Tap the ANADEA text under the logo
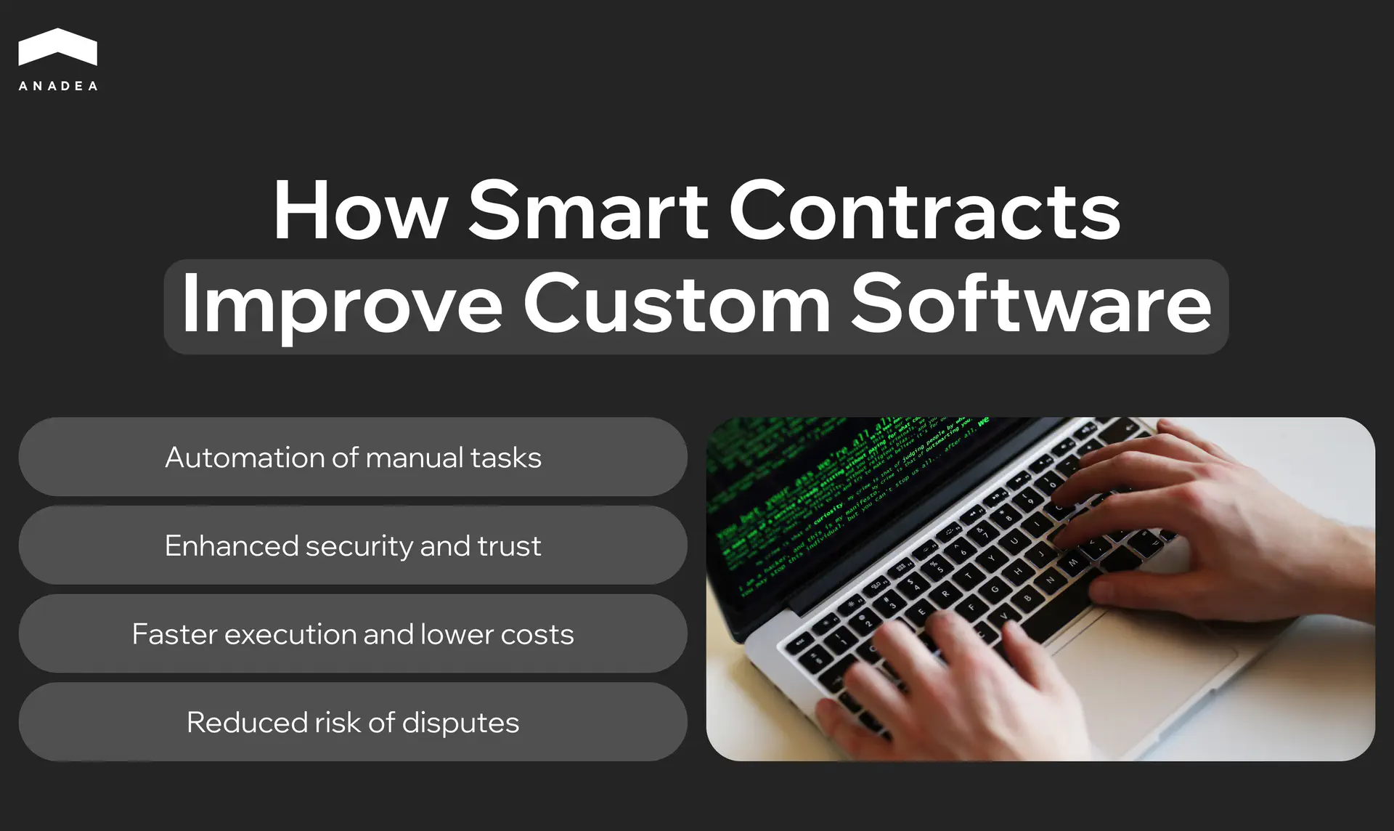[58, 86]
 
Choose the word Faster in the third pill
[174, 634]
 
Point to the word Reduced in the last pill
[247, 723]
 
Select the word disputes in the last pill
[460, 723]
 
